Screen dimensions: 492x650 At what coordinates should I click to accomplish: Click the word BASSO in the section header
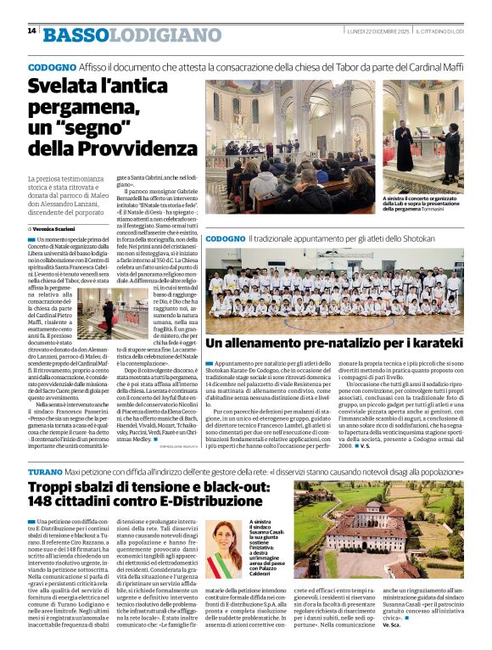(75, 35)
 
